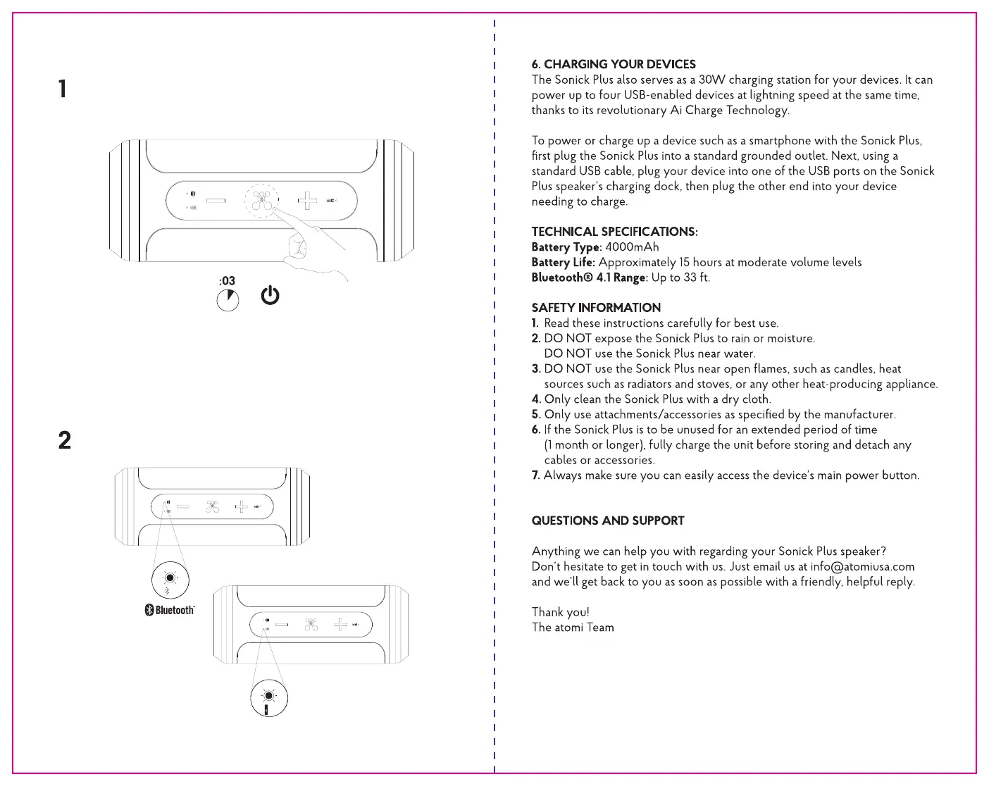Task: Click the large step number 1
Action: [x=63, y=89]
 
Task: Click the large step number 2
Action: [x=65, y=440]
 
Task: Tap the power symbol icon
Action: [x=270, y=296]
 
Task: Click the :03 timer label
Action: [x=227, y=281]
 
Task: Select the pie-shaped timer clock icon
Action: [x=228, y=301]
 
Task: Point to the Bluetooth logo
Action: [x=170, y=610]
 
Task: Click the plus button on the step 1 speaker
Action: [x=307, y=201]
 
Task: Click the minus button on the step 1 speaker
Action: [x=216, y=201]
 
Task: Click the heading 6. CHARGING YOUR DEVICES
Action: [x=614, y=64]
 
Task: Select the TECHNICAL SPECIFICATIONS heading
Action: [x=614, y=232]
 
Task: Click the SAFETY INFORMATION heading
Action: [x=596, y=308]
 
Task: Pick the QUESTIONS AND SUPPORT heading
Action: [x=608, y=520]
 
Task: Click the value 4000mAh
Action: [x=632, y=247]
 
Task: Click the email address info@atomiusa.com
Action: [x=862, y=566]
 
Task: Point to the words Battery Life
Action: [x=563, y=262]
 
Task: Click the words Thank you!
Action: [x=560, y=612]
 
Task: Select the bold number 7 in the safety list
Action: [x=535, y=475]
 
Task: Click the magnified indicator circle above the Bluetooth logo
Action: [x=170, y=579]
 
